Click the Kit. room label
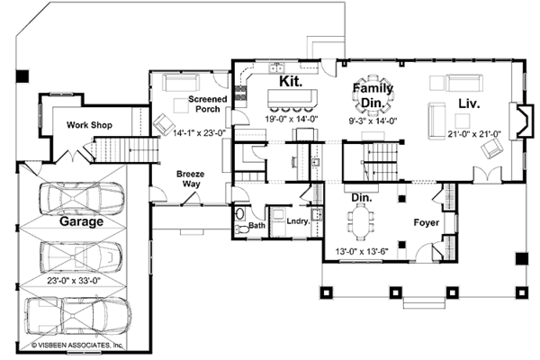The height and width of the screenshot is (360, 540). (291, 81)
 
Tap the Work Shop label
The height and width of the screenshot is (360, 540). (89, 125)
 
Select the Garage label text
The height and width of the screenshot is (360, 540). (81, 221)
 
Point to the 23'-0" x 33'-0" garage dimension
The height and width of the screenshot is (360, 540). (74, 281)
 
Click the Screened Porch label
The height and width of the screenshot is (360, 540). (208, 104)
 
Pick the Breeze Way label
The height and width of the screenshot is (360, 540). (191, 179)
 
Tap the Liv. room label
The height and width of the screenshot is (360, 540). (469, 103)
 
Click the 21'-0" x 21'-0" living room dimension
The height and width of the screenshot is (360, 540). (474, 134)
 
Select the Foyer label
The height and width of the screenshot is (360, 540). (427, 222)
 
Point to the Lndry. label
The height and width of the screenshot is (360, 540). (298, 221)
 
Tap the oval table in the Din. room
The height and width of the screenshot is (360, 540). (361, 221)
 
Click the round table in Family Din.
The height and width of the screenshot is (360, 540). (373, 95)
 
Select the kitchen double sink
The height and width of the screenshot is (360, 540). (276, 67)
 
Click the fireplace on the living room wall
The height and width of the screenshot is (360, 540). (523, 121)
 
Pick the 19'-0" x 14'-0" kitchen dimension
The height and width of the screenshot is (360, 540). (292, 119)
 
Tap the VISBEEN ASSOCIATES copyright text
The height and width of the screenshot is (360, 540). (77, 345)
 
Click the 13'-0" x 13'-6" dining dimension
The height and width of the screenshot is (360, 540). (362, 252)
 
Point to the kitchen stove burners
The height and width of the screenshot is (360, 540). (240, 93)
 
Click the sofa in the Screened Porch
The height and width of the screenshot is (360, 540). (181, 82)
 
